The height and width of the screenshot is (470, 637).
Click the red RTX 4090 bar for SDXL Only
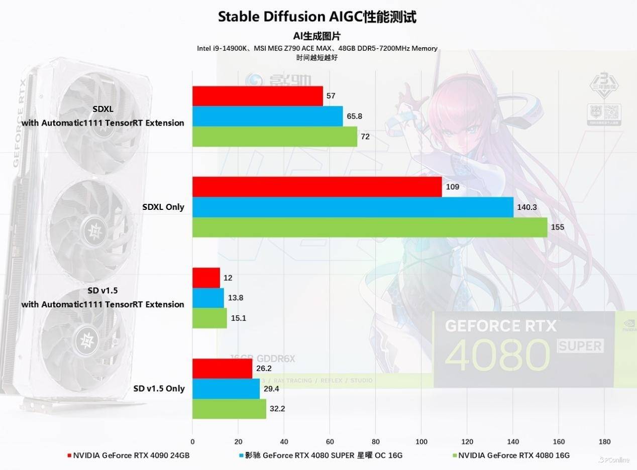click(317, 187)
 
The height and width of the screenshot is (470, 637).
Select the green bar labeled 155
click(370, 227)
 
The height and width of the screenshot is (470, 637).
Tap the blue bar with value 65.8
click(267, 116)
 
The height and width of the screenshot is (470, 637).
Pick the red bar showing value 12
click(206, 278)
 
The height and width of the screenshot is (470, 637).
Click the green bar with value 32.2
click(229, 409)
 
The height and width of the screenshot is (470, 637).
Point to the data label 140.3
click(527, 207)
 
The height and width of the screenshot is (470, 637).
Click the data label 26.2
click(264, 368)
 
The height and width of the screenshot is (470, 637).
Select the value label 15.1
click(239, 318)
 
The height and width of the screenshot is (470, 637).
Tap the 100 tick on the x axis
click(421, 442)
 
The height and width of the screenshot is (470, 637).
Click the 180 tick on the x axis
click(604, 442)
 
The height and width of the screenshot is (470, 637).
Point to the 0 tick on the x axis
click(192, 442)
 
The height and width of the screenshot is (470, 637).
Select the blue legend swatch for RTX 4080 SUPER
click(242, 456)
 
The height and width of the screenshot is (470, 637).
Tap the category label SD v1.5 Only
click(159, 388)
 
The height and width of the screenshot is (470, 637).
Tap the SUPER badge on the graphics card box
click(580, 345)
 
